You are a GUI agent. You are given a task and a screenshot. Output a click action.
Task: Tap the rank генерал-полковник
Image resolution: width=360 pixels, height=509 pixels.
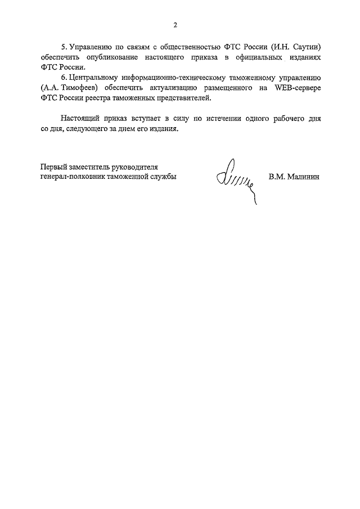point(73,177)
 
